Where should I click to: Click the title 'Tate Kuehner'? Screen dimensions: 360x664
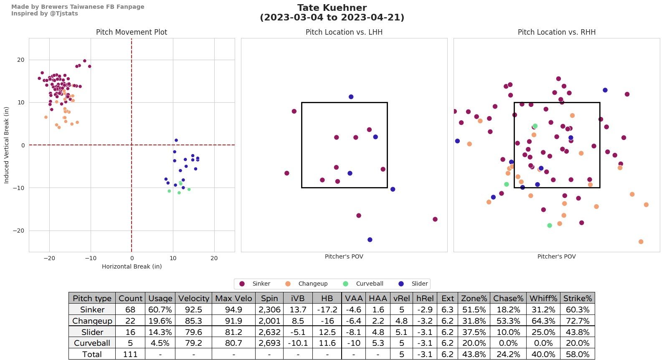pos(332,8)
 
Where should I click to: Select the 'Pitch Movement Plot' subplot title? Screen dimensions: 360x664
pos(132,32)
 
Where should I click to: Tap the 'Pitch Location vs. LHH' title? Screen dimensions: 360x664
pos(344,32)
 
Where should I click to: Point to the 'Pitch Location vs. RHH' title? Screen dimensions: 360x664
pos(556,32)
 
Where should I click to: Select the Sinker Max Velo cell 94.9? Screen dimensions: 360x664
pos(233,309)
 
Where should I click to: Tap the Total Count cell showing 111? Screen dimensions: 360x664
pos(130,354)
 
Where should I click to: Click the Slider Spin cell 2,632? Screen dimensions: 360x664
pos(269,332)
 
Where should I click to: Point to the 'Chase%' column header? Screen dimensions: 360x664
pos(508,298)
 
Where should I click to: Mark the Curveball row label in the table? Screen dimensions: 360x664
pos(92,343)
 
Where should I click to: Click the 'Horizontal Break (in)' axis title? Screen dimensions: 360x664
pos(132,266)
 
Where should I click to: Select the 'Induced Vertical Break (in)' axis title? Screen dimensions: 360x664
pos(6,145)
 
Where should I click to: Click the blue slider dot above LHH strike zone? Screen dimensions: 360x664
pos(351,97)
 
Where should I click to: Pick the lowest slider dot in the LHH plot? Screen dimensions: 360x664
pos(370,240)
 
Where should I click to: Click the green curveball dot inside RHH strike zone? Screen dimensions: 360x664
pos(535,126)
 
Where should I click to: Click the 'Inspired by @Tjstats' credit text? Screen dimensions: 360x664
pos(44,13)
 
